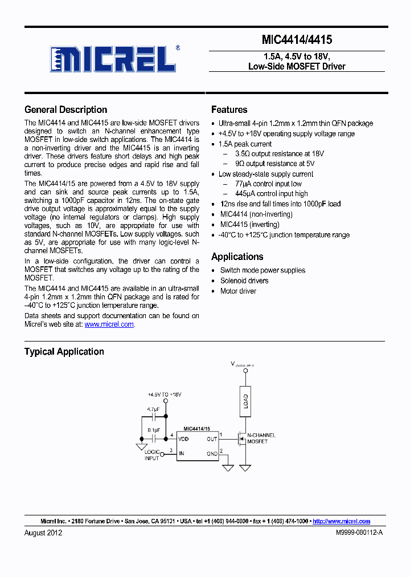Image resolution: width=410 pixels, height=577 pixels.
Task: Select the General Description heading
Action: click(x=65, y=110)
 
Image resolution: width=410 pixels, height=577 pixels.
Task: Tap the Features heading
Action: click(x=229, y=110)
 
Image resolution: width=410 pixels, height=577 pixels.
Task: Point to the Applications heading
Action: click(x=237, y=257)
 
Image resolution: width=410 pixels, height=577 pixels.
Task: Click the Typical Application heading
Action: click(x=64, y=352)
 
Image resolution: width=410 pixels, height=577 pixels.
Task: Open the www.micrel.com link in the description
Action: click(x=109, y=324)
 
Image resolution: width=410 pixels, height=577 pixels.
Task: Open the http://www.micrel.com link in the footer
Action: click(x=341, y=521)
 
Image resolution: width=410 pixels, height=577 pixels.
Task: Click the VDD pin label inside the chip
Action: click(x=184, y=439)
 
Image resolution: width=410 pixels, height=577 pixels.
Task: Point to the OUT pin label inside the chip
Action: click(x=212, y=439)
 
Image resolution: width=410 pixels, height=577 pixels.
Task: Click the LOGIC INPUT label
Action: click(x=152, y=454)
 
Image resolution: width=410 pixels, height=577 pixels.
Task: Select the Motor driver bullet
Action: click(x=238, y=291)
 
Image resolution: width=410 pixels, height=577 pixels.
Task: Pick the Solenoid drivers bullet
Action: click(x=244, y=281)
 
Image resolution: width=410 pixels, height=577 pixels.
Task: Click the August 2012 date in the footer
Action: click(x=43, y=533)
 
